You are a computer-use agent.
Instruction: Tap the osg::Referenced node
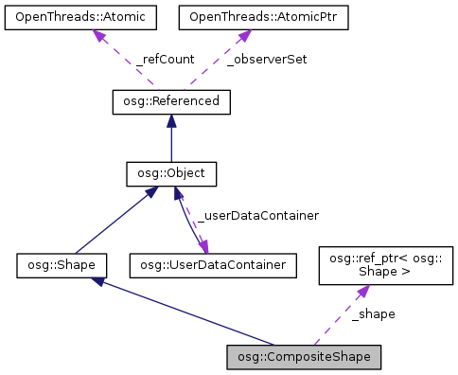pos(171,100)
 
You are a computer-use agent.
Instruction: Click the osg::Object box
pos(171,173)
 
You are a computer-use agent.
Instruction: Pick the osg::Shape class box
pos(62,264)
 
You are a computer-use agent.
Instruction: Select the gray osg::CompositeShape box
pos(305,357)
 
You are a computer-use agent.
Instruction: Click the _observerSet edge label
pos(267,59)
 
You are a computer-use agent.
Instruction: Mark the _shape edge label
pos(373,313)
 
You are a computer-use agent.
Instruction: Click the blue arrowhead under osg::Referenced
pos(171,120)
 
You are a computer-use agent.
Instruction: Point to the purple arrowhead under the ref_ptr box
pos(361,294)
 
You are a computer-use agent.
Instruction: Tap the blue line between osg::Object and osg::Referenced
pos(171,144)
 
